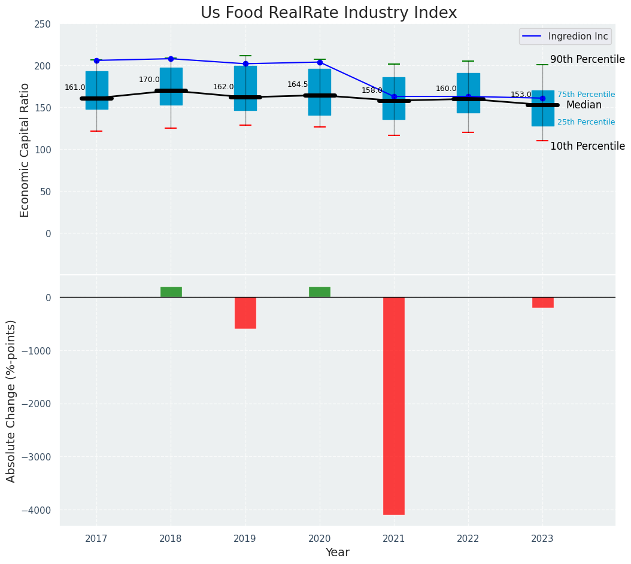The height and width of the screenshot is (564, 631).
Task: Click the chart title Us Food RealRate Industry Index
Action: click(x=329, y=13)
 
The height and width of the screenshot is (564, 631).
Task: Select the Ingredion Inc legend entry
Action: click(x=566, y=37)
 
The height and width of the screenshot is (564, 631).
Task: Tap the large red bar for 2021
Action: click(x=394, y=405)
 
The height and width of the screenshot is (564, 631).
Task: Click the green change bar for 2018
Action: click(x=171, y=292)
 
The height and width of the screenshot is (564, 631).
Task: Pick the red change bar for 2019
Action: click(x=245, y=313)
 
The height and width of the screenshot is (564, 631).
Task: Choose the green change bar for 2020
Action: click(x=320, y=292)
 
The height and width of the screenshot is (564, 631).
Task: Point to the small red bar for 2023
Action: click(x=542, y=302)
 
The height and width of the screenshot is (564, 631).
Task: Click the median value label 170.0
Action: click(x=149, y=80)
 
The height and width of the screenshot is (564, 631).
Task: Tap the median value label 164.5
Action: click(x=298, y=84)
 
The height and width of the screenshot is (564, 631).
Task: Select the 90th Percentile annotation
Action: click(x=587, y=59)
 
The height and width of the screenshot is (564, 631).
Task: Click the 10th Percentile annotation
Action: click(x=587, y=146)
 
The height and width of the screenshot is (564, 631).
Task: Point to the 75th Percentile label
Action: click(x=586, y=95)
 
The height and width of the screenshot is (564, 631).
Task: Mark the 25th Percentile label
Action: click(x=586, y=122)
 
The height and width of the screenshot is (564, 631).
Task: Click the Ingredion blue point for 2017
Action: click(x=96, y=60)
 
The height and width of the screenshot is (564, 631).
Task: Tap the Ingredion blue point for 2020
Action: click(x=320, y=62)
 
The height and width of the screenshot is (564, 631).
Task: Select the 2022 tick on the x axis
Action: click(x=468, y=539)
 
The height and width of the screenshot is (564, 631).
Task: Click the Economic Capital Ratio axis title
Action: click(x=25, y=150)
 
